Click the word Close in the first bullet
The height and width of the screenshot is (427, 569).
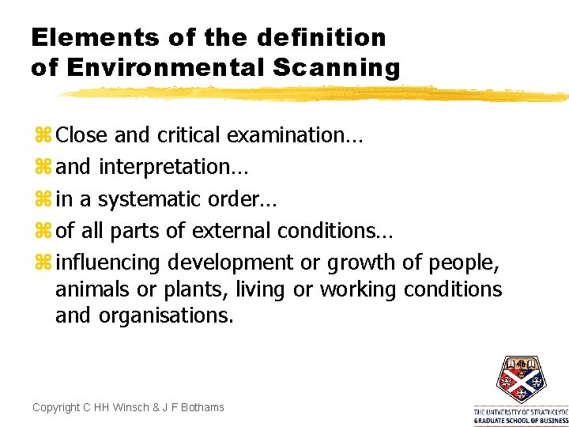coord(82,135)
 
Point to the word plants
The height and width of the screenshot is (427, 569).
coord(202,289)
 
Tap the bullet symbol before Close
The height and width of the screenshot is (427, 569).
coord(42,135)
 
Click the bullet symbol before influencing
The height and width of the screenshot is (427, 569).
coord(42,262)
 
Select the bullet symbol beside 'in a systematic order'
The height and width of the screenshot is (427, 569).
coord(42,198)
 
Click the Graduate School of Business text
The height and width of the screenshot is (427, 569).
coord(521,421)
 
